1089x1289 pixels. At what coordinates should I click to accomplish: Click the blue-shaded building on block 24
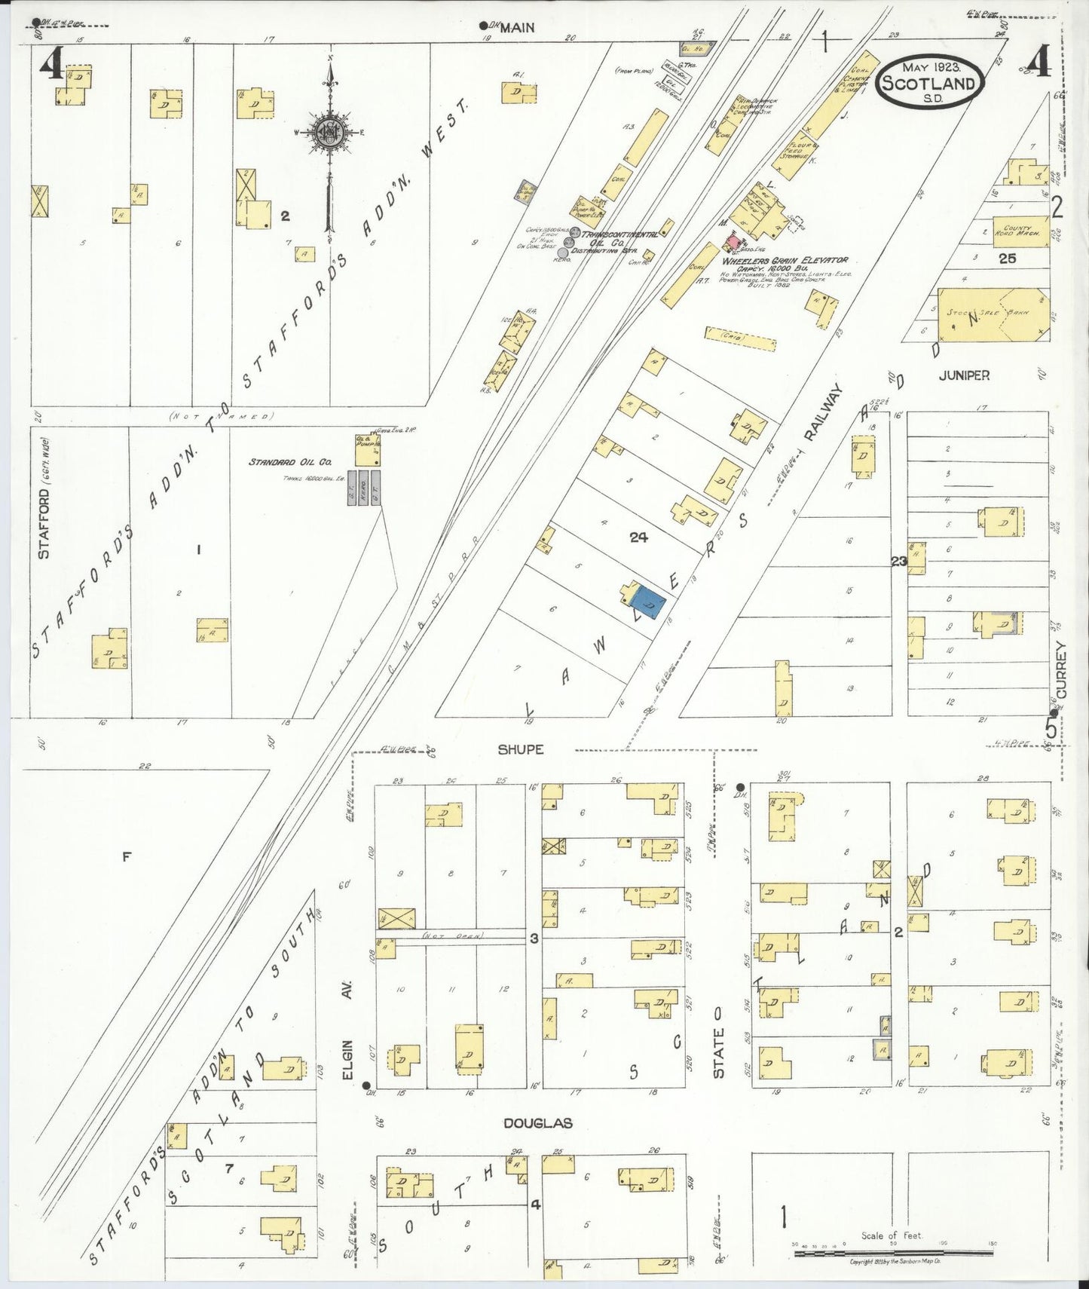(x=648, y=603)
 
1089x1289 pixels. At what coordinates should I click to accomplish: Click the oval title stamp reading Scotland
(x=929, y=81)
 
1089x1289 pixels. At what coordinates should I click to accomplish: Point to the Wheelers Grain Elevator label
(x=785, y=260)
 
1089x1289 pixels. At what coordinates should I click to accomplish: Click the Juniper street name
(x=964, y=375)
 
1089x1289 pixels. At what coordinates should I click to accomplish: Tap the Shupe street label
(x=520, y=749)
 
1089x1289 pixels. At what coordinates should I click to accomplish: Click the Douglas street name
(x=538, y=1123)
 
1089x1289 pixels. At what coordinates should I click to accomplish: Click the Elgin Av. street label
(x=348, y=1040)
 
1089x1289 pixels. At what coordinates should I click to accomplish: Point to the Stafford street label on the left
(x=44, y=524)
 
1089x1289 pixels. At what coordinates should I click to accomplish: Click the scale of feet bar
(x=892, y=1253)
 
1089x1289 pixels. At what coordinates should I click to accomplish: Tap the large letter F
(x=127, y=856)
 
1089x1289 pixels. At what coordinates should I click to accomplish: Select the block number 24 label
(x=638, y=537)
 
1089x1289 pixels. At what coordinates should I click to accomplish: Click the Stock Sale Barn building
(x=991, y=314)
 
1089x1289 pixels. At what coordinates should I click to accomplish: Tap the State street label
(x=718, y=1053)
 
